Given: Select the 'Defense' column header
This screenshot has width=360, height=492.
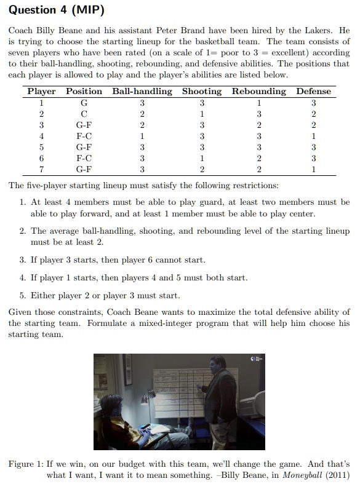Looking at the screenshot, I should [313, 91].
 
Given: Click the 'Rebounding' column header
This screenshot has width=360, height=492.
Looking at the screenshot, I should [258, 91].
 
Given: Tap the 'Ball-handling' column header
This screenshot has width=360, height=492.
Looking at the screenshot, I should [142, 91].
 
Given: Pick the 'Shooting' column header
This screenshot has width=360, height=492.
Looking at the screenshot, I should [201, 91].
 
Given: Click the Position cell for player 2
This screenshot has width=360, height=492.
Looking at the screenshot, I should [84, 114].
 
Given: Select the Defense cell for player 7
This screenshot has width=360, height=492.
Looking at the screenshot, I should [313, 169].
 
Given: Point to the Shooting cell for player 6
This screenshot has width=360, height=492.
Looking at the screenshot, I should [201, 158].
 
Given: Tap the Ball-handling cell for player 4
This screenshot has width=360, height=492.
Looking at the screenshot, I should [142, 136].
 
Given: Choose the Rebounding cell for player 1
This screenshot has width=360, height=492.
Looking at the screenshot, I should [258, 103].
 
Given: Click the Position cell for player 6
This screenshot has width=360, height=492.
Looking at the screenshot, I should [84, 158].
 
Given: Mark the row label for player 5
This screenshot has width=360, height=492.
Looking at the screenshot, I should [41, 147].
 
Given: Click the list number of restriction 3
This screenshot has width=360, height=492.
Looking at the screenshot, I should [22, 260].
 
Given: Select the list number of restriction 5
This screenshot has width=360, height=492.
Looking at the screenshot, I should [22, 296].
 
